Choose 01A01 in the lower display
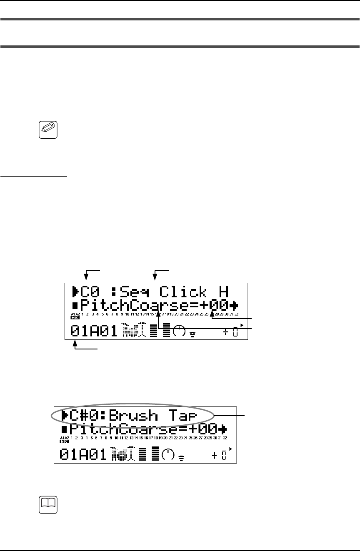tap(83, 453)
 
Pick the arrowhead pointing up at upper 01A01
tap(75, 344)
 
